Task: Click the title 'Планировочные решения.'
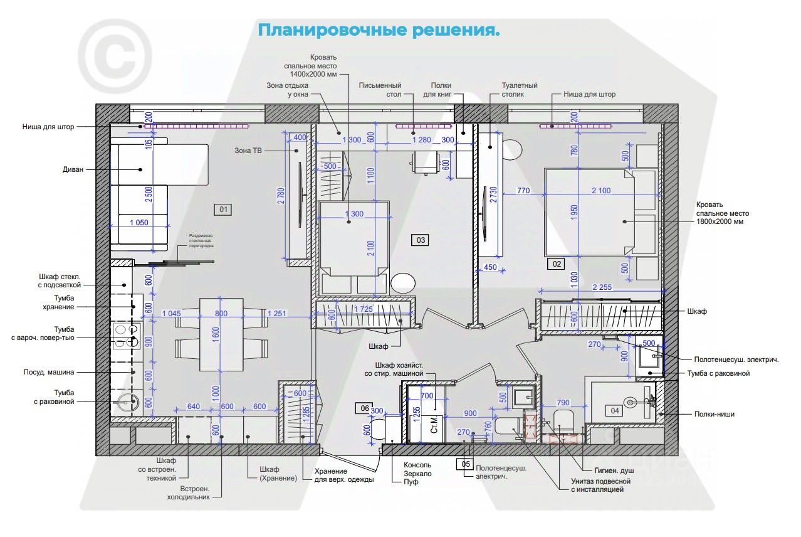[x=379, y=30]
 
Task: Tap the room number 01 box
[x=223, y=209]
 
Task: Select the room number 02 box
[x=555, y=264]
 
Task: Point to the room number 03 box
[x=420, y=239]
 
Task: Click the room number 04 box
[x=614, y=410]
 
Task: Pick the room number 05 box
[x=464, y=464]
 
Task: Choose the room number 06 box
[x=363, y=408]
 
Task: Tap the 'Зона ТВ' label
[x=248, y=151]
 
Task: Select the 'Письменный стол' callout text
[x=380, y=90]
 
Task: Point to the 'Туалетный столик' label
[x=520, y=90]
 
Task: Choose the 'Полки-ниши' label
[x=713, y=414]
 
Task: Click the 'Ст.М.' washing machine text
[x=434, y=428]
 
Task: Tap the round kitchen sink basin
[x=125, y=402]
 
